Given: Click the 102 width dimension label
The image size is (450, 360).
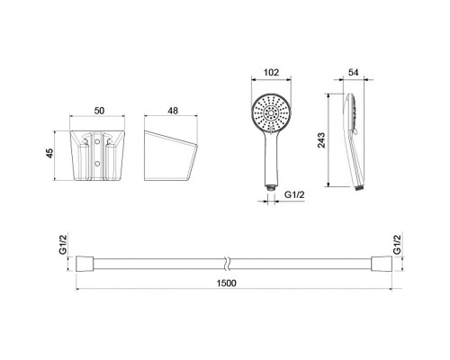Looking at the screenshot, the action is (271, 73).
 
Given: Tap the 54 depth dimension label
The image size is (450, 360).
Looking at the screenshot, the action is (353, 73).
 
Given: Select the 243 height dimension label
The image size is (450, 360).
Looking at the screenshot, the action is (321, 140).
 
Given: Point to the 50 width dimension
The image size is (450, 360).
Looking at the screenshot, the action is (99, 111).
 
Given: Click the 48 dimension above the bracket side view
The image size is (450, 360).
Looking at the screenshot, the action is (173, 111).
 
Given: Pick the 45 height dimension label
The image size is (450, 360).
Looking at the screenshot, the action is (49, 153).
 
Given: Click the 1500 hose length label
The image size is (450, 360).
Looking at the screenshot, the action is (227, 283).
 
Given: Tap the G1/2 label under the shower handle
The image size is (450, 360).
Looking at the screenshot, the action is (294, 194).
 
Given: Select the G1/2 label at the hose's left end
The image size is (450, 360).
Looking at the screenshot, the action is (63, 245).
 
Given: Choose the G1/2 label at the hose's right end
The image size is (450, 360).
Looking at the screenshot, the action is (397, 245).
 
